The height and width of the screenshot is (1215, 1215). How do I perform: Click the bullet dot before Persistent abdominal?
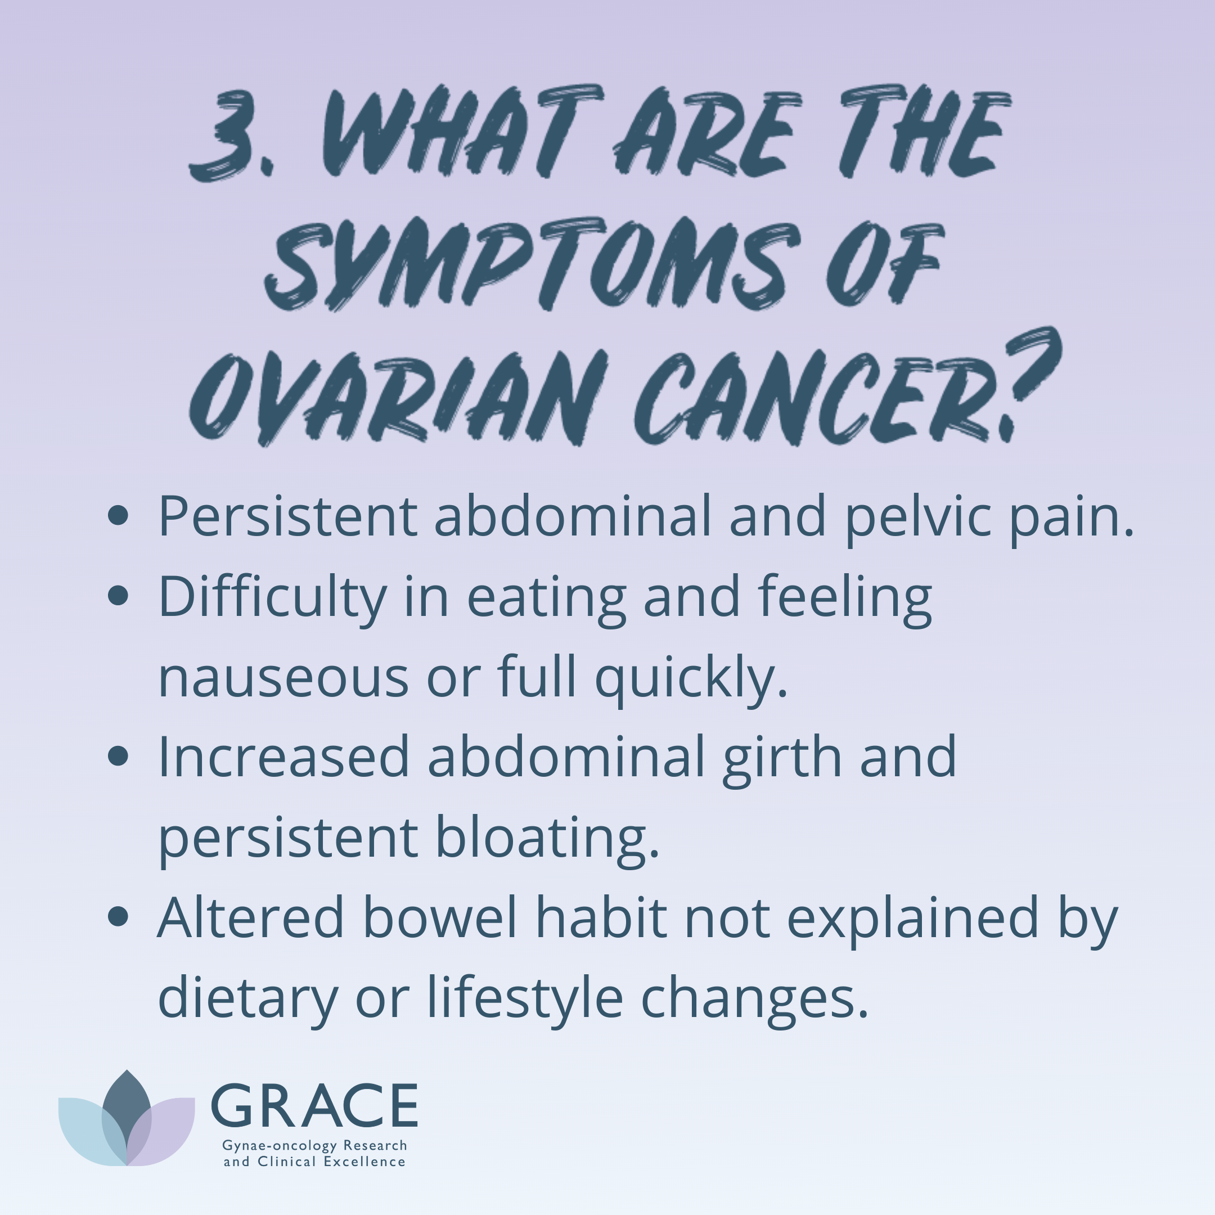118,516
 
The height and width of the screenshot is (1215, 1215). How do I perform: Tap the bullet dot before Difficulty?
118,596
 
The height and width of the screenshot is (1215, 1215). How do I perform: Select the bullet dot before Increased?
118,756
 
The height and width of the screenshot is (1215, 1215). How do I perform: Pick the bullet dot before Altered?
118,916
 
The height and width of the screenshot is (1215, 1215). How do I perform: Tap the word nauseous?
283,678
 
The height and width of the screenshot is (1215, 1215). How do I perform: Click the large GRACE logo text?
314,1105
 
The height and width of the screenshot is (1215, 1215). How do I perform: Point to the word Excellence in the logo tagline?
364,1162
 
